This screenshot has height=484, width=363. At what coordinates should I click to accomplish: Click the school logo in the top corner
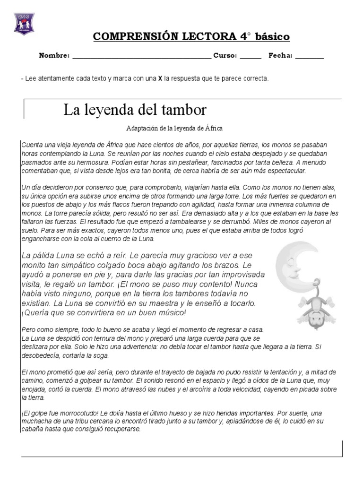pos(24,23)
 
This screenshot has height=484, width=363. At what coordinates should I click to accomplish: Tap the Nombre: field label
pos(54,56)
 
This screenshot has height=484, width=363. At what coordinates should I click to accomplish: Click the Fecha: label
pos(281,56)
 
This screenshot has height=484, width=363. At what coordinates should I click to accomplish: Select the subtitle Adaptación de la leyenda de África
pos(174,128)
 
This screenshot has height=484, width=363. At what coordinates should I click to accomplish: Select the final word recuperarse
pos(121,430)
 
